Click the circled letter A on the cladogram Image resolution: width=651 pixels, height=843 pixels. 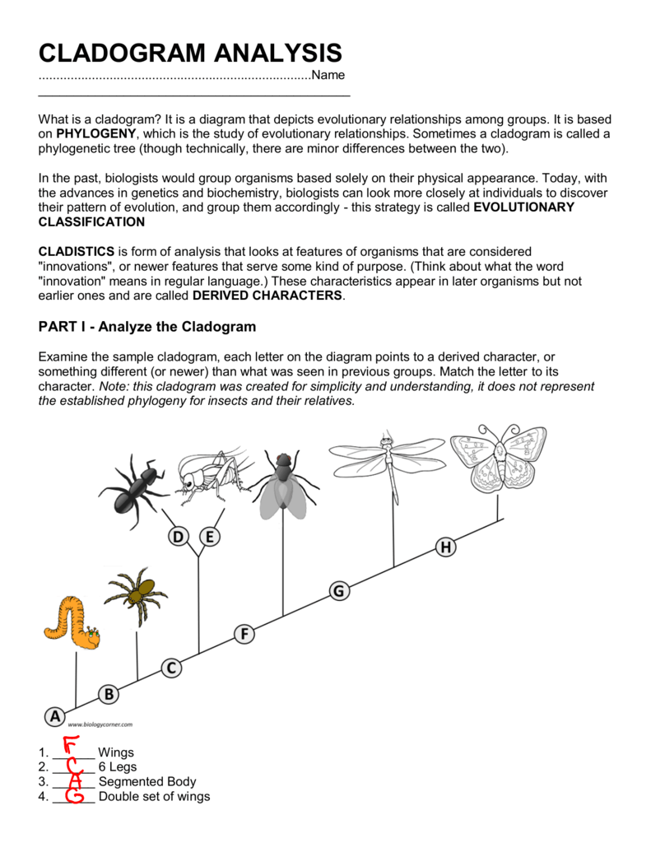click(x=54, y=716)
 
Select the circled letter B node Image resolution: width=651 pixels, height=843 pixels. click(x=109, y=694)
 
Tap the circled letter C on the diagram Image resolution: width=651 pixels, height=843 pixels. click(x=170, y=668)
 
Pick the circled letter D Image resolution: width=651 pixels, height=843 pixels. click(x=178, y=537)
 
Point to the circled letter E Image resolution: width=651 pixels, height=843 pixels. click(x=212, y=537)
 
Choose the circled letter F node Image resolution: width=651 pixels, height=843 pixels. click(x=244, y=634)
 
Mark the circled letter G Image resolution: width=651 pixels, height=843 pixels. click(x=339, y=590)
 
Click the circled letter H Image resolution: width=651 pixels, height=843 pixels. click(x=446, y=547)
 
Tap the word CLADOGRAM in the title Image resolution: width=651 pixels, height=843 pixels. click(x=127, y=54)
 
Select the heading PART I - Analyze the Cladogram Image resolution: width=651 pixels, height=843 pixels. click(x=147, y=327)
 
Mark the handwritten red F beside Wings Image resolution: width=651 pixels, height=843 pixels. click(x=72, y=749)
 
